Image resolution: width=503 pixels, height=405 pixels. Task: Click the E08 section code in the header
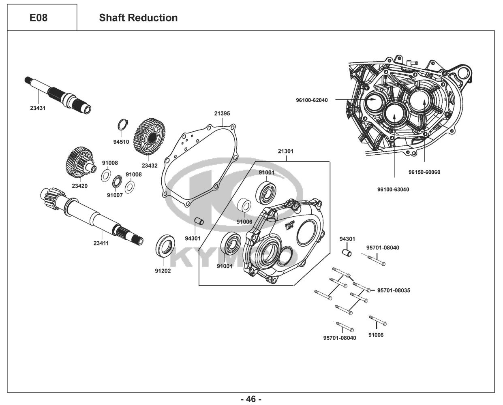[x=39, y=18]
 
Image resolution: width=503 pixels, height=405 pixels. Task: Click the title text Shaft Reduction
[x=138, y=18]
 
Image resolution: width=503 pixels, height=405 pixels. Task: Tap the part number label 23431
[x=38, y=109]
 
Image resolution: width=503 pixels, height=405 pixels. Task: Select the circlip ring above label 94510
[x=123, y=124]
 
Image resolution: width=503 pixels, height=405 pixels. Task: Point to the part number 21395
[x=222, y=114]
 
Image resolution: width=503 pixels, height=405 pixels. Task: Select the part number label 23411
[x=101, y=243]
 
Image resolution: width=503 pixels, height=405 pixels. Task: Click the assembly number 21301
[x=285, y=151]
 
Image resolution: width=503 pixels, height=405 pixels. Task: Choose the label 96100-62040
[x=312, y=100]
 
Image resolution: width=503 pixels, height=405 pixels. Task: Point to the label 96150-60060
[x=424, y=172]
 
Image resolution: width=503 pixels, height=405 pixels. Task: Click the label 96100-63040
[x=393, y=189]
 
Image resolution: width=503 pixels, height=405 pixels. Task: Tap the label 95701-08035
[x=394, y=290]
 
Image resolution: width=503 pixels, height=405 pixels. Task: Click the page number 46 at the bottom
[x=251, y=399]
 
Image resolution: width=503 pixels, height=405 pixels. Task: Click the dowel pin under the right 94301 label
[x=347, y=254]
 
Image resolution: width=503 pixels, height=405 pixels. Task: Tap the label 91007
[x=115, y=195]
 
